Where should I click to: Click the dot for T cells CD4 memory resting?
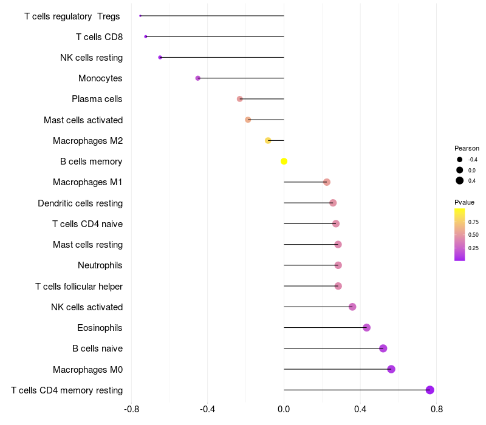[430, 390]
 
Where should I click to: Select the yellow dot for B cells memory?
[284, 161]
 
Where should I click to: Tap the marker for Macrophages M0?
[391, 369]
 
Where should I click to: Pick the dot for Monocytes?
[198, 78]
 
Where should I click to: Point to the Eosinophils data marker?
[366, 328]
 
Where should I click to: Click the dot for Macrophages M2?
[268, 141]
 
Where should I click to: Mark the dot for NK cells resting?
[160, 58]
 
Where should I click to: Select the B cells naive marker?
[383, 348]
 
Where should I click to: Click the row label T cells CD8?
[99, 37]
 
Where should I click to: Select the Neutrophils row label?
[100, 265]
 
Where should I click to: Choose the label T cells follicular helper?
[79, 286]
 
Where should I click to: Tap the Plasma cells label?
[97, 99]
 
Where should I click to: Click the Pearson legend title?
[467, 148]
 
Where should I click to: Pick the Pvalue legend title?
[464, 202]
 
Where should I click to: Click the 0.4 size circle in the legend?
[460, 180]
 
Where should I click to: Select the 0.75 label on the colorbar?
[473, 222]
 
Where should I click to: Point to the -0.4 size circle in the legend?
[460, 160]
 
